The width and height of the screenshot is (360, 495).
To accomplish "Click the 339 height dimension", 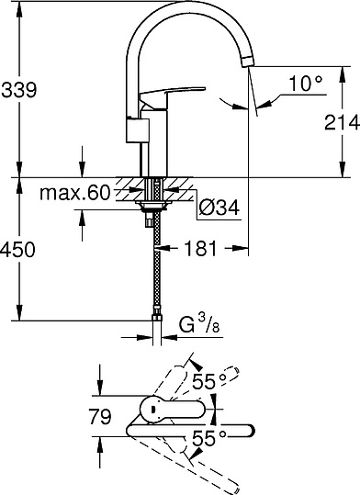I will pos(19,89).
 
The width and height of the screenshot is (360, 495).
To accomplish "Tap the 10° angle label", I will pos(305,83).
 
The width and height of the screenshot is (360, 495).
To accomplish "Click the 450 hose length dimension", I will pos(19,251).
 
